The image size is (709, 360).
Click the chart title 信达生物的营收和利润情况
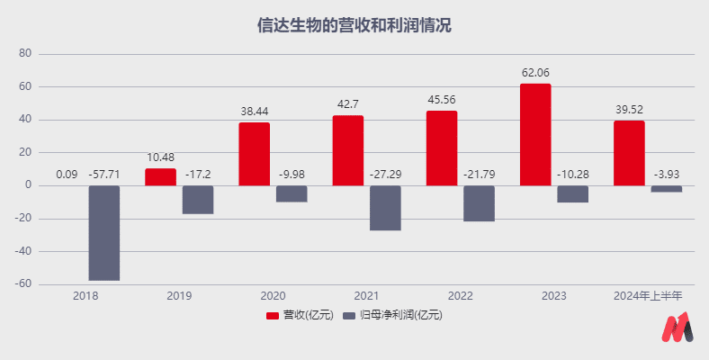(x=354, y=24)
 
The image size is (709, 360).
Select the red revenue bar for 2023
(x=535, y=134)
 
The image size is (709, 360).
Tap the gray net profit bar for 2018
(x=104, y=233)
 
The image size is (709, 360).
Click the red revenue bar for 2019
(x=160, y=176)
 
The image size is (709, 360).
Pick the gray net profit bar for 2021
(x=385, y=208)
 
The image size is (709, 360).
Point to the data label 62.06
(x=535, y=72)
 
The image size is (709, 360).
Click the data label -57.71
(x=104, y=175)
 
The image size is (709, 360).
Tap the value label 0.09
(x=67, y=175)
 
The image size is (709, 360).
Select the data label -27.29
(x=386, y=175)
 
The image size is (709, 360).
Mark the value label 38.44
(x=254, y=112)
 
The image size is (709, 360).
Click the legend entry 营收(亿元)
(x=300, y=315)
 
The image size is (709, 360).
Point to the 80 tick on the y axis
(x=25, y=54)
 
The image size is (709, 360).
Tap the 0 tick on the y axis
(x=29, y=185)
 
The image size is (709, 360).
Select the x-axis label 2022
(x=460, y=295)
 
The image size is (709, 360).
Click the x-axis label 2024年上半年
(x=648, y=295)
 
